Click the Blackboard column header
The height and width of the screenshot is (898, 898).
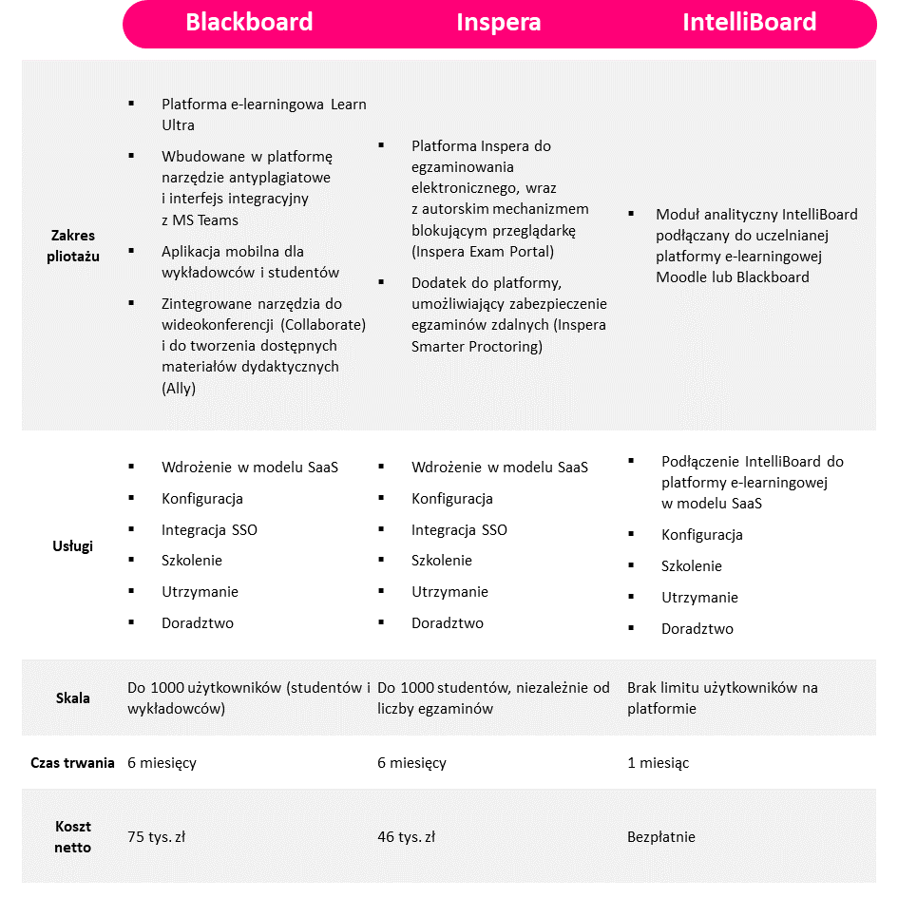(x=249, y=23)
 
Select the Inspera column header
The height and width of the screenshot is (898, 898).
(x=499, y=23)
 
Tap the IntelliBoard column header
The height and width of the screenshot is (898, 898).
(x=750, y=23)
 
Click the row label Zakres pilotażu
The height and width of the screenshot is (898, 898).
(x=73, y=245)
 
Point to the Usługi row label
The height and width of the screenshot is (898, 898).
(x=73, y=546)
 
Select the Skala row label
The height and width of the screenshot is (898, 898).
(x=73, y=698)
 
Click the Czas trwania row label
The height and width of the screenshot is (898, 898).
(x=73, y=763)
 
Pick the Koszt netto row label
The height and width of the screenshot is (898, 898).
(x=73, y=837)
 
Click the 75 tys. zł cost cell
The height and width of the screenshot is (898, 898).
(x=157, y=837)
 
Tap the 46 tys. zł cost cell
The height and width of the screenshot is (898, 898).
(x=407, y=837)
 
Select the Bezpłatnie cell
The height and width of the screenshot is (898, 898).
(x=661, y=837)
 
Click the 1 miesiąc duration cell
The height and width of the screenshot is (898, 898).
(x=659, y=763)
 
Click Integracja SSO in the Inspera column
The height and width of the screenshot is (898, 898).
(x=459, y=530)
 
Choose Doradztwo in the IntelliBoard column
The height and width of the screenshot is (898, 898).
(x=697, y=629)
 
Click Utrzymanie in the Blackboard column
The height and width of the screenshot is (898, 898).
(x=200, y=592)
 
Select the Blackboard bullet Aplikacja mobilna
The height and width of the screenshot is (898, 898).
(x=232, y=252)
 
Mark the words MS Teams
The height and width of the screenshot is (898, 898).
(x=205, y=220)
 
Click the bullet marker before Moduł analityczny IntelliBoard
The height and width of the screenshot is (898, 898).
(x=631, y=213)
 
